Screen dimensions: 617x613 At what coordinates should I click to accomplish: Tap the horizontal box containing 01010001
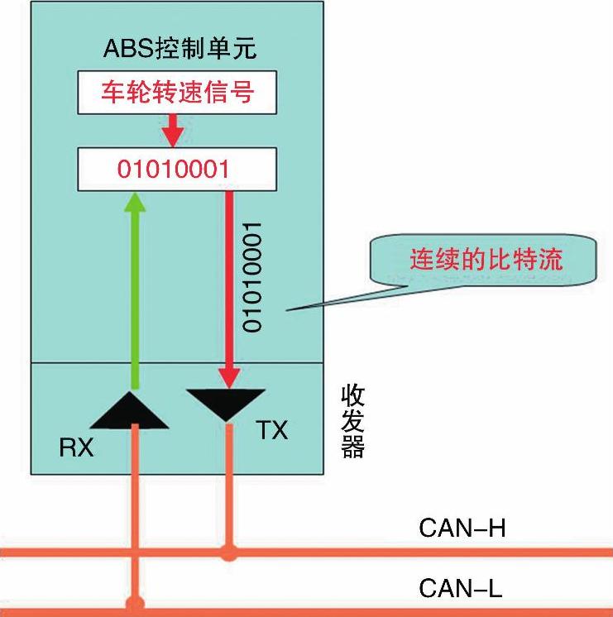175,169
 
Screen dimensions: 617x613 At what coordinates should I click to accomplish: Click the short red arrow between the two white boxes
173,129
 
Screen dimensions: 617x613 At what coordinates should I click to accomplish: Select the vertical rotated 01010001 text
252,276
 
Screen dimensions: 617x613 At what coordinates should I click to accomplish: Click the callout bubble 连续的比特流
486,261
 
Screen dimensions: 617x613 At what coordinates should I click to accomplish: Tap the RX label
76,447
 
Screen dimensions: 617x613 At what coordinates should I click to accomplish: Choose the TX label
271,430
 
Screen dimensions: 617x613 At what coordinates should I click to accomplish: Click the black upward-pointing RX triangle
133,410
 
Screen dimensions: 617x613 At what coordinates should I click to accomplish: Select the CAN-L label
461,588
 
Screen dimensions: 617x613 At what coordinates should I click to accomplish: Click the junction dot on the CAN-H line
228,552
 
